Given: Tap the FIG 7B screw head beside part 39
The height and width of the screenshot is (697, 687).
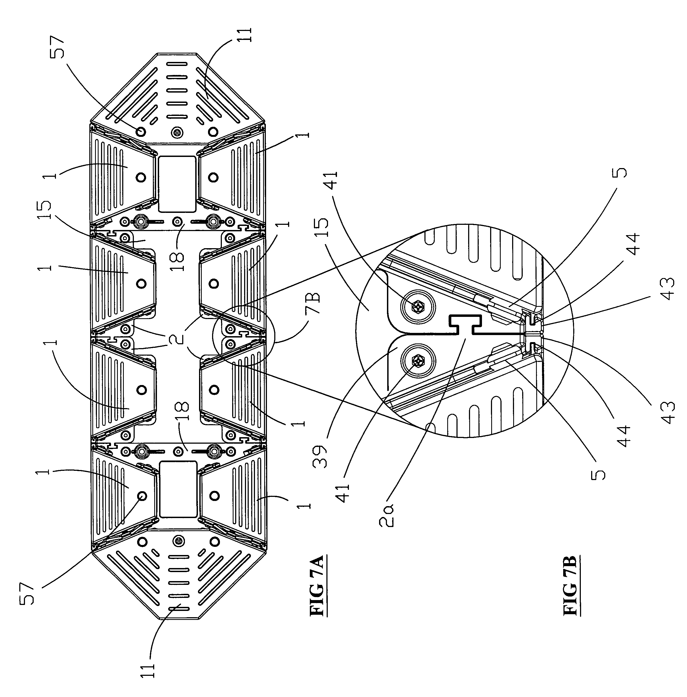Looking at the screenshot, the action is click(418, 361).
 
